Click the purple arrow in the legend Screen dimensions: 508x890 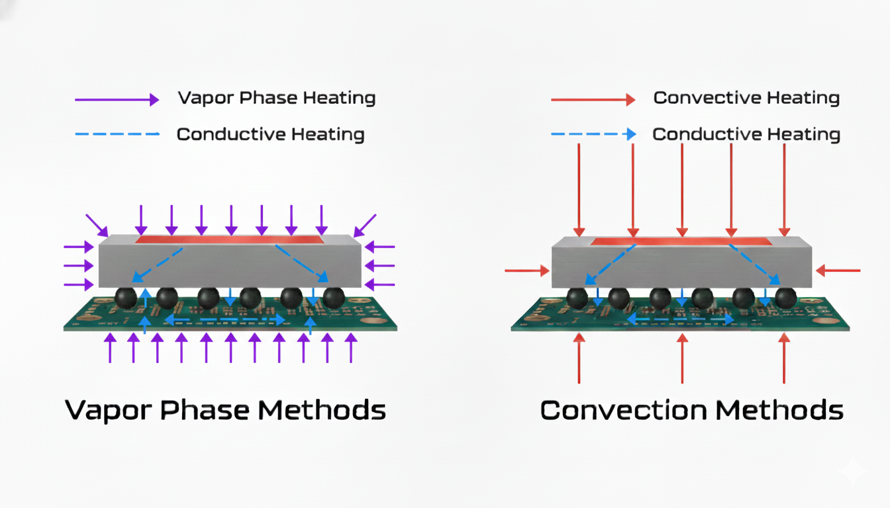pyautogui.click(x=117, y=100)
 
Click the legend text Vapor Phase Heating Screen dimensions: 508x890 pyautogui.click(x=276, y=99)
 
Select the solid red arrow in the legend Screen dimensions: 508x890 pyautogui.click(x=593, y=100)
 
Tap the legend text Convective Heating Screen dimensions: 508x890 pyautogui.click(x=746, y=99)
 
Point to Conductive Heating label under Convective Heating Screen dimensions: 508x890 pyautogui.click(x=746, y=135)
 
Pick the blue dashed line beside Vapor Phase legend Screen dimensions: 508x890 pyautogui.click(x=117, y=134)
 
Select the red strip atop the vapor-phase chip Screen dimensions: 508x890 pyautogui.click(x=230, y=239)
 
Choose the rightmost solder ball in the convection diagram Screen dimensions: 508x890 pyautogui.click(x=786, y=298)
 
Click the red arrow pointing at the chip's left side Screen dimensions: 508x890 pyautogui.click(x=527, y=271)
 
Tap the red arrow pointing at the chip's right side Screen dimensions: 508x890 pyautogui.click(x=838, y=271)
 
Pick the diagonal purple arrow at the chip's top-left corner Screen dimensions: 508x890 pyautogui.click(x=96, y=225)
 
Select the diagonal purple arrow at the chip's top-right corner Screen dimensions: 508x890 pyautogui.click(x=366, y=225)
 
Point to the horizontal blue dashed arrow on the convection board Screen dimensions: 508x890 pyautogui.click(x=681, y=319)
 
